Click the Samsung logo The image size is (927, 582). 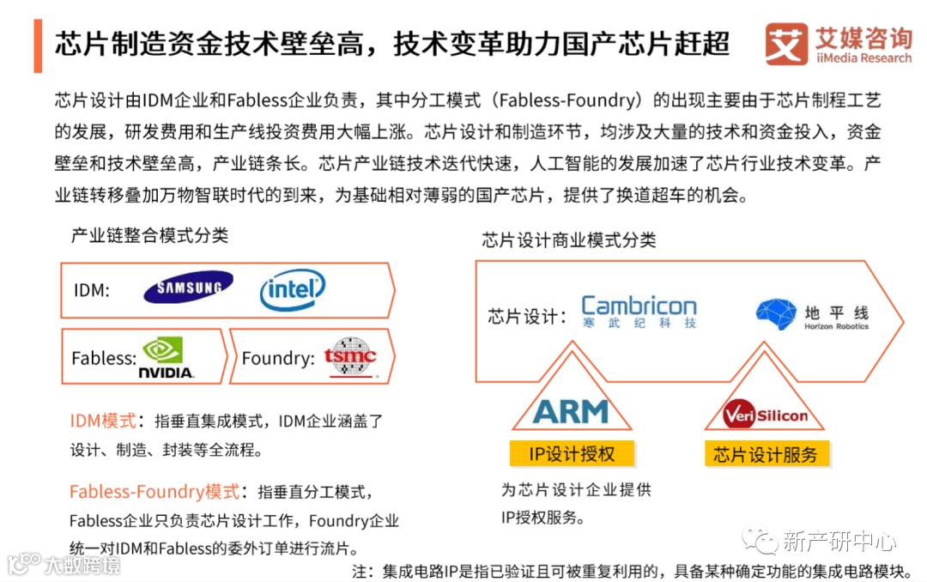(x=188, y=288)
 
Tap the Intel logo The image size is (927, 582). (x=292, y=289)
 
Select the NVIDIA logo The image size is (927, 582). (x=167, y=358)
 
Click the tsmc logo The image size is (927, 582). (x=349, y=356)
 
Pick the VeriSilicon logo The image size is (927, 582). (x=765, y=415)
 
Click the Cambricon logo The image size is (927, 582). (x=639, y=312)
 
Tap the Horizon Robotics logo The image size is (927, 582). (x=812, y=315)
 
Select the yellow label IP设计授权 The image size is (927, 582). (x=570, y=453)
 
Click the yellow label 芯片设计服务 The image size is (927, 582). (x=766, y=454)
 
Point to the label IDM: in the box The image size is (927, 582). (x=92, y=290)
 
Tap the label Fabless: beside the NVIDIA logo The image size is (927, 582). (x=103, y=358)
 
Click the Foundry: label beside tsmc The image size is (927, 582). (x=277, y=358)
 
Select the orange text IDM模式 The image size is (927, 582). (x=103, y=421)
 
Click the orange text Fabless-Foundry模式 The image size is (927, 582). (x=154, y=492)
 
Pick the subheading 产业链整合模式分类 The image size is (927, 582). (x=149, y=235)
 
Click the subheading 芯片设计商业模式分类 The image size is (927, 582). (x=568, y=239)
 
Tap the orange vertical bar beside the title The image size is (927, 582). (x=38, y=43)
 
